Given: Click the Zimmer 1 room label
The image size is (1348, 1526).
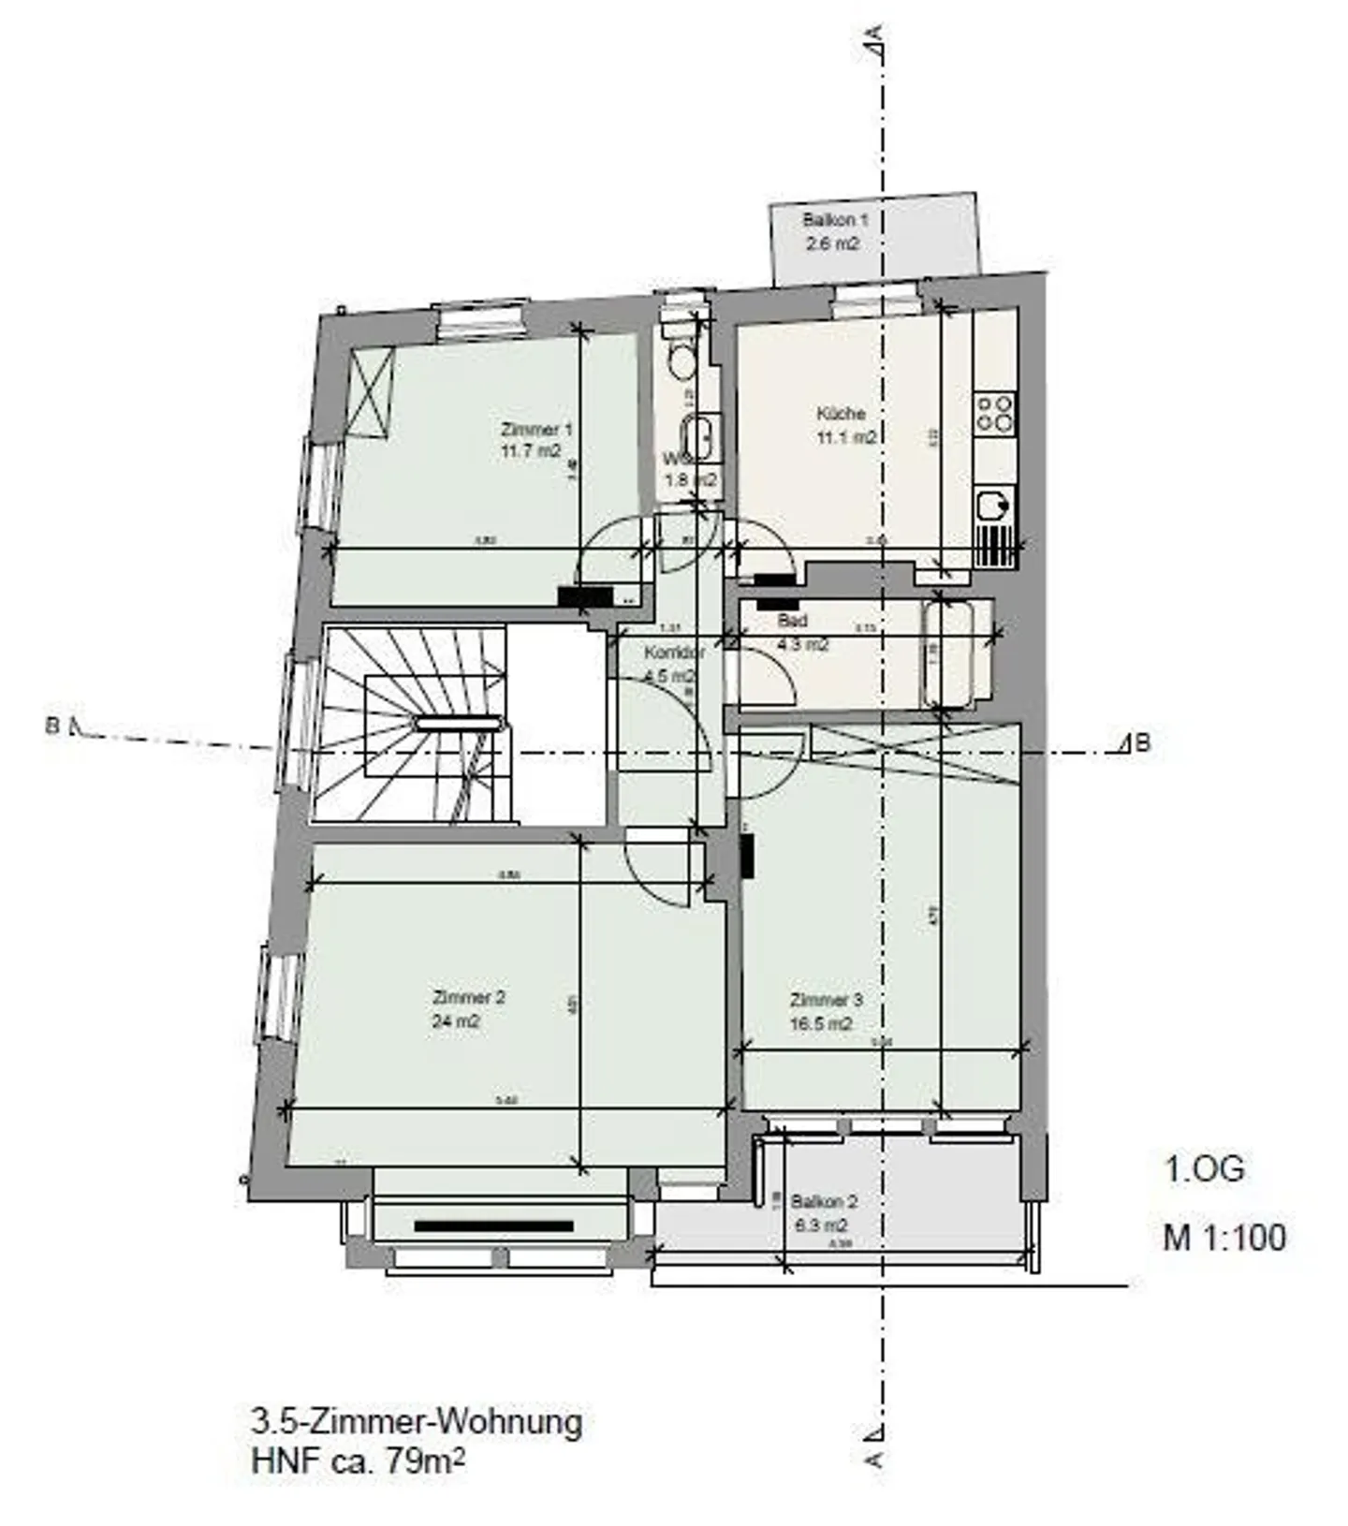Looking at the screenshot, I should click(x=535, y=430).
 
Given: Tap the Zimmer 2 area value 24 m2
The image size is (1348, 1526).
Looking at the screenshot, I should click(x=455, y=1021).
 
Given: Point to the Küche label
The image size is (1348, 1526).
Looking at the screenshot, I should click(x=840, y=413).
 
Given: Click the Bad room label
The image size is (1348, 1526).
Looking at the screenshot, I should click(x=792, y=621).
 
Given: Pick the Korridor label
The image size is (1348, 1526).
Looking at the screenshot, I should click(x=674, y=653).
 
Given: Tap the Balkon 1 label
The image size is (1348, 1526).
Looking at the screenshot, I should click(x=835, y=220).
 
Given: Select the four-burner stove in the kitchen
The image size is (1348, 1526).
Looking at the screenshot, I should click(x=994, y=413).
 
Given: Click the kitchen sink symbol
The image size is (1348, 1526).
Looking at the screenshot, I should click(x=993, y=506).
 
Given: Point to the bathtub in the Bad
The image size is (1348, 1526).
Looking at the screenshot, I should click(x=946, y=653).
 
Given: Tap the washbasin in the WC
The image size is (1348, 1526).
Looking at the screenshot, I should click(x=697, y=437).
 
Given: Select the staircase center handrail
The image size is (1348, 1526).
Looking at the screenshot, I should click(x=459, y=723).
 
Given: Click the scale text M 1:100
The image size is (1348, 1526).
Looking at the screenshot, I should click(x=1223, y=1238).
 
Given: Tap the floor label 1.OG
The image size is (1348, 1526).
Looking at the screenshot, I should click(x=1204, y=1169).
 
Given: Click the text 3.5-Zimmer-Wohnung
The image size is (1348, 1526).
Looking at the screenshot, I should click(x=417, y=1422).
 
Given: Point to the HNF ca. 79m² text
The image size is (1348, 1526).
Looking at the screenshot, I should click(x=358, y=1460).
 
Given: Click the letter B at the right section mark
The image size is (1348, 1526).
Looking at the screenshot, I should click(x=1142, y=743).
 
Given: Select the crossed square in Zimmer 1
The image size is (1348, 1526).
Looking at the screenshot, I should click(x=371, y=391).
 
